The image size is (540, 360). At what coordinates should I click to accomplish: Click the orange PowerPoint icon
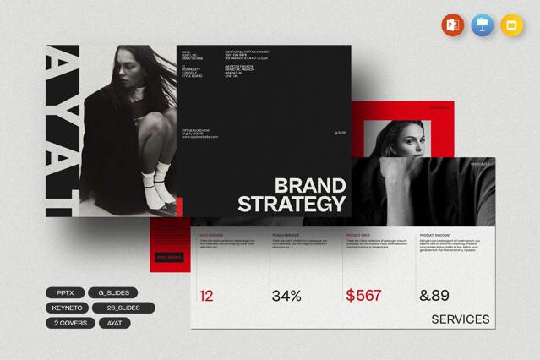(452, 25)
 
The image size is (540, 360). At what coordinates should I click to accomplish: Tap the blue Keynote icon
(482, 25)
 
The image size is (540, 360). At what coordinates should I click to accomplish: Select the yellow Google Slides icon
(511, 25)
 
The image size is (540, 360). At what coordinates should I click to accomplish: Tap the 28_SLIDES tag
(124, 308)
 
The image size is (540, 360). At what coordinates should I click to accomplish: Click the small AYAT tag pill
(115, 323)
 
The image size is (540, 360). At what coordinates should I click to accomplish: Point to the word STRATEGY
(292, 205)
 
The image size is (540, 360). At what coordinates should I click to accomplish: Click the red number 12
(207, 296)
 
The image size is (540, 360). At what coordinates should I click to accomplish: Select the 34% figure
(286, 296)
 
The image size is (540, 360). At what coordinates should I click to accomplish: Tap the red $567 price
(363, 296)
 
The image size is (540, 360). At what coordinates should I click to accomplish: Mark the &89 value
(436, 296)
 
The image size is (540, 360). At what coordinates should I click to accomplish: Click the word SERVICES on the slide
(460, 319)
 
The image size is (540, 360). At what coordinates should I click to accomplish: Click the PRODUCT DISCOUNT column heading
(439, 234)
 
